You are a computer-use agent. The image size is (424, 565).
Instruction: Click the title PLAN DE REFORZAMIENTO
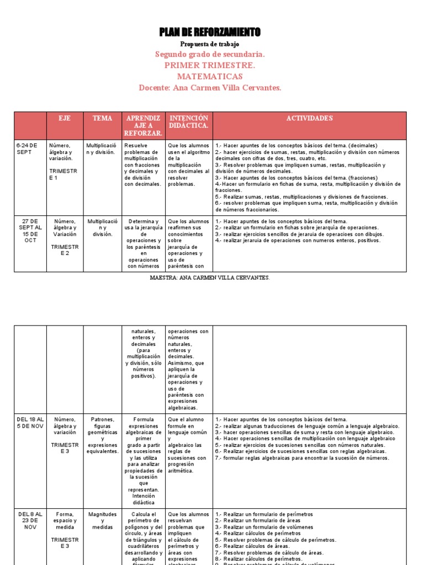210,32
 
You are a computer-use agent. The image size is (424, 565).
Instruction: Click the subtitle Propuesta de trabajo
210,44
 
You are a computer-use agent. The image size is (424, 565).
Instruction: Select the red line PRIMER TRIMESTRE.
210,66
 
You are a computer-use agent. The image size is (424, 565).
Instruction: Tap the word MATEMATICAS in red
210,77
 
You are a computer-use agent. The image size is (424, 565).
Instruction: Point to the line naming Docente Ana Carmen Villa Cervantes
210,88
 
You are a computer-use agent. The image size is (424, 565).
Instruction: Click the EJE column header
65,119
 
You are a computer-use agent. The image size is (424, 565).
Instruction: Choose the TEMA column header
102,119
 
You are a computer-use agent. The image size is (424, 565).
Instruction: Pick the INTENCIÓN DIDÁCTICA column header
189,122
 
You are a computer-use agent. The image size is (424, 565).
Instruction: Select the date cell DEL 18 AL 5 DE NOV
30,423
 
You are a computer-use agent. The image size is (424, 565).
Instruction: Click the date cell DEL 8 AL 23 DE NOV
30,520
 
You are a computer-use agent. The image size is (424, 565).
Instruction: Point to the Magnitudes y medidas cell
102,520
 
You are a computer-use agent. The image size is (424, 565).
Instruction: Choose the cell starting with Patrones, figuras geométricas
102,435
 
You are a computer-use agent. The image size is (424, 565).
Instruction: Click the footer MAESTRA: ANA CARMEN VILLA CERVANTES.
210,278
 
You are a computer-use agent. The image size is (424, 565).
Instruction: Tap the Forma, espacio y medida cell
65,520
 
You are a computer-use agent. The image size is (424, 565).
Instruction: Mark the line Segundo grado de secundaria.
210,55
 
